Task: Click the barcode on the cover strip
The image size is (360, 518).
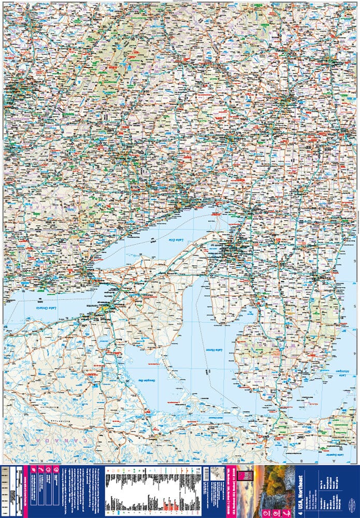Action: (207, 473)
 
